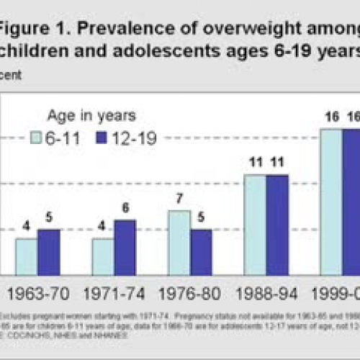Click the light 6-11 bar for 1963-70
(x=27, y=256)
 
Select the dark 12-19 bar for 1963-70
(x=48, y=252)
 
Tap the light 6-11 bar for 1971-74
(x=103, y=256)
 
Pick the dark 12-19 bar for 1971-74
(x=125, y=247)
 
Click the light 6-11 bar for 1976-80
(x=180, y=243)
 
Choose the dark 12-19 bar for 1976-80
(x=202, y=252)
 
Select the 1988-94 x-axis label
(x=266, y=295)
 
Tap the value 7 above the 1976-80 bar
(x=180, y=202)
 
